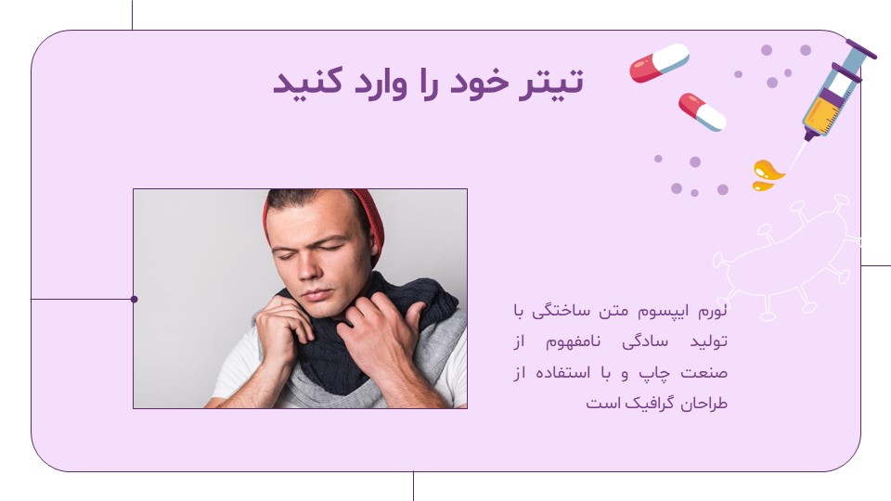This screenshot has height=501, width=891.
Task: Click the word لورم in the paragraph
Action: point(712,311)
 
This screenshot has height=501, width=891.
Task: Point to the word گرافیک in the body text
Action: point(650,403)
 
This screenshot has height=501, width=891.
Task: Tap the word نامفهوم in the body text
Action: point(573,342)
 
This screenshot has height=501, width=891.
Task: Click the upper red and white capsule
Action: point(659,62)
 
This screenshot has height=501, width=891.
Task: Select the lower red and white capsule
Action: point(703,112)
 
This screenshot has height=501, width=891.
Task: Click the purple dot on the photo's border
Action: point(134,299)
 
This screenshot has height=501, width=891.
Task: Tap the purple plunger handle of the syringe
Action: point(861,49)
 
